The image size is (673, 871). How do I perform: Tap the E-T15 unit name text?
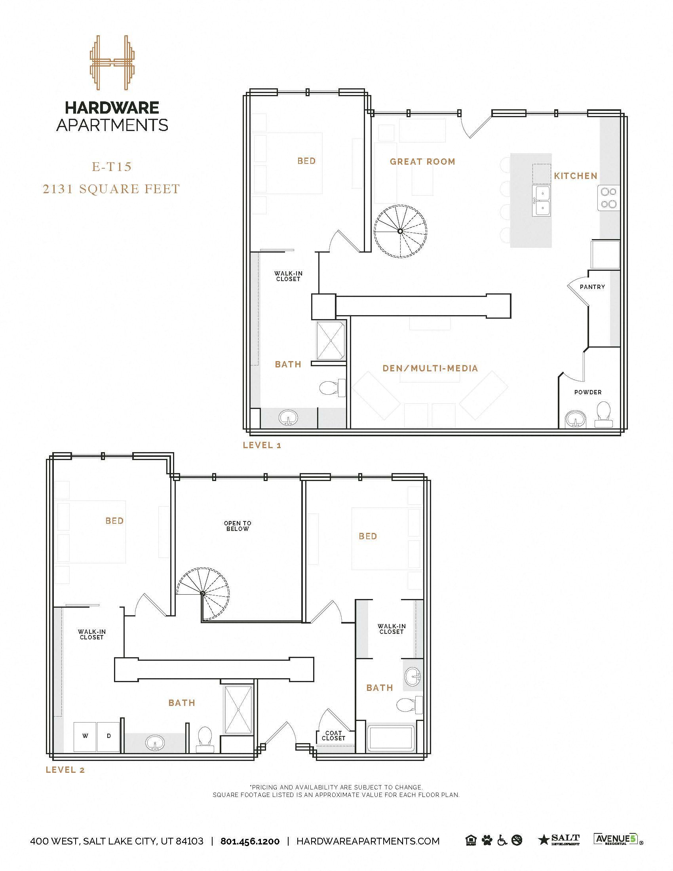tap(112, 167)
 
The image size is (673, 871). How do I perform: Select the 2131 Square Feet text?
tap(112, 188)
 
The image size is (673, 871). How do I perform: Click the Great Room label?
tap(422, 162)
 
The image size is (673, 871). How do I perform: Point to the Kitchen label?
tap(575, 176)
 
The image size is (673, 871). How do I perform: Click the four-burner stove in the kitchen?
tap(608, 198)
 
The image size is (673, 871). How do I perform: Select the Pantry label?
tap(592, 287)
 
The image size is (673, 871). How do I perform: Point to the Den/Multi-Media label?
tap(430, 368)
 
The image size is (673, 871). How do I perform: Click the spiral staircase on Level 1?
tap(400, 231)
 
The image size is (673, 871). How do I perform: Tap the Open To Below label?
tap(238, 526)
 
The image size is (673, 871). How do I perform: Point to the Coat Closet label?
tap(333, 736)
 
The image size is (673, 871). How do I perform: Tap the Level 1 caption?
tap(262, 445)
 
